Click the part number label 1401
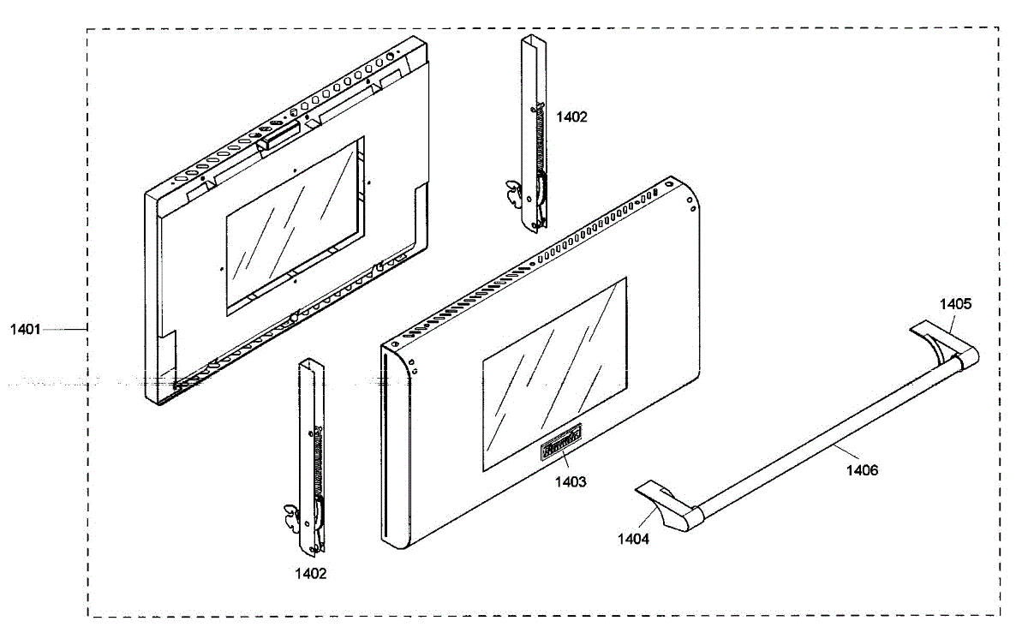26,329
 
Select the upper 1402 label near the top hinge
572,117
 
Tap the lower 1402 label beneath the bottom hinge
310,574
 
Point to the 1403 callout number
571,482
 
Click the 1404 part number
634,539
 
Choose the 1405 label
955,303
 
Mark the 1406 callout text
862,469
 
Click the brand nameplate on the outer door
560,443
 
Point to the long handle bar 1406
822,428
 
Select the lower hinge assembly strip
309,454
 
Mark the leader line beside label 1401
64,329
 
